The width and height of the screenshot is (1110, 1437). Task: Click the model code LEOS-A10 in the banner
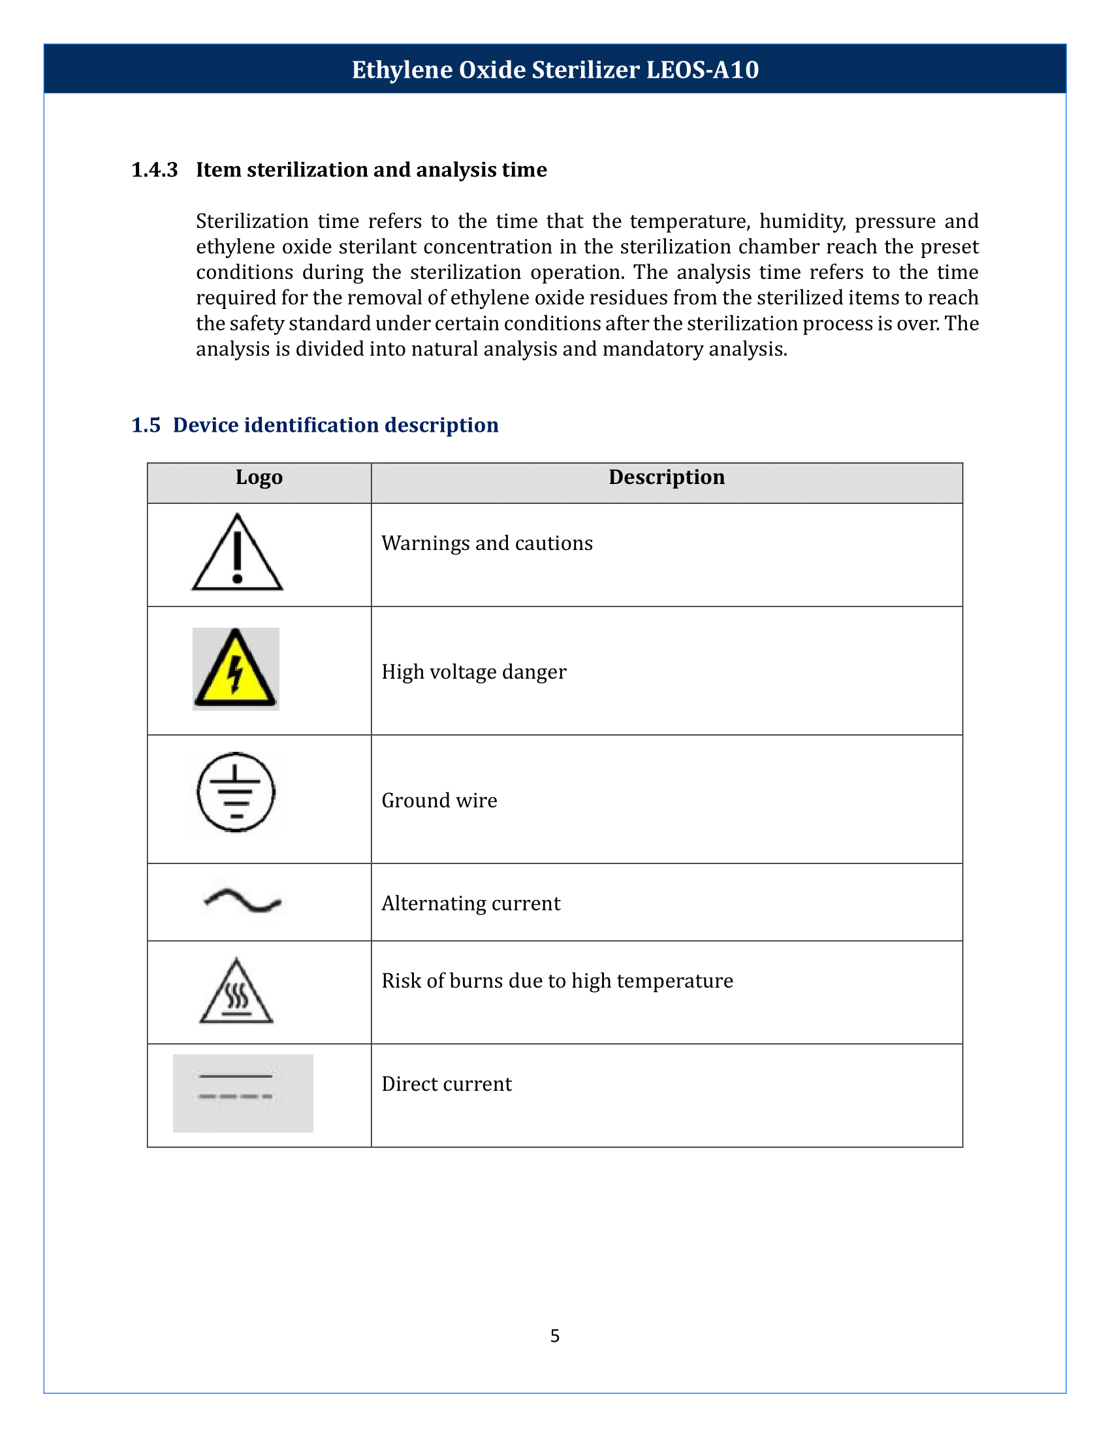(x=703, y=70)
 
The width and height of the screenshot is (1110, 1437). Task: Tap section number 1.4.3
(x=155, y=170)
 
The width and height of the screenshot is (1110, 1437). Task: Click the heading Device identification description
(x=336, y=425)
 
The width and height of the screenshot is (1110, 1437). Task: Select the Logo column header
(x=259, y=477)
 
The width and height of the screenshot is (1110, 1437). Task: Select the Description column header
(x=666, y=477)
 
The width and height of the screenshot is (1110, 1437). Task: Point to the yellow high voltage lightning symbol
(x=236, y=669)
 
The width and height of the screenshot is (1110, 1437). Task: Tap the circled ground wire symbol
(x=236, y=792)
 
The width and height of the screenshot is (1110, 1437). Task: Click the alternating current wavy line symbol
(x=243, y=901)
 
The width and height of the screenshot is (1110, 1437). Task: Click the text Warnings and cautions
(x=486, y=543)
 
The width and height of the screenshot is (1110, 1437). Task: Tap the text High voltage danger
(x=473, y=671)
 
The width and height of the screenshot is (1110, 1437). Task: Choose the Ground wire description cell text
(x=439, y=801)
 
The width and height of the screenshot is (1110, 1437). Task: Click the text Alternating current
(x=471, y=903)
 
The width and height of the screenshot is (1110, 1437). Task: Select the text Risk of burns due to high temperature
(x=557, y=981)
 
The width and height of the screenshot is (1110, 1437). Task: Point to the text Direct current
(x=447, y=1084)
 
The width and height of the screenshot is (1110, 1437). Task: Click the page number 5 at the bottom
(x=555, y=1336)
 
